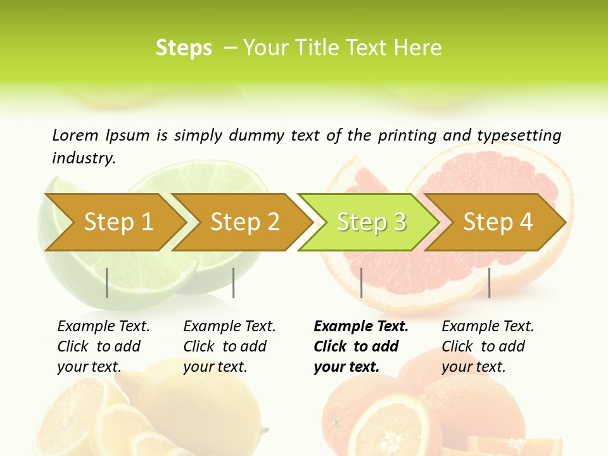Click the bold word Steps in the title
coord(184,48)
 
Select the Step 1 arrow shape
coord(114,222)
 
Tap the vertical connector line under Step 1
coord(107,282)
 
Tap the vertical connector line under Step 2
coord(234,282)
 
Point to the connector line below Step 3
coord(361,282)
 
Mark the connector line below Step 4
coord(489,282)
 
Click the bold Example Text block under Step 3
coord(361,346)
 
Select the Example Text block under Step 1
coord(103,346)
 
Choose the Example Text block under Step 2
coord(229,346)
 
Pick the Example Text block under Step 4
coord(488,346)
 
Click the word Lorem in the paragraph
coord(75,135)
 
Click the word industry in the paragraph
coord(83,158)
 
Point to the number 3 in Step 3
coord(400,222)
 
